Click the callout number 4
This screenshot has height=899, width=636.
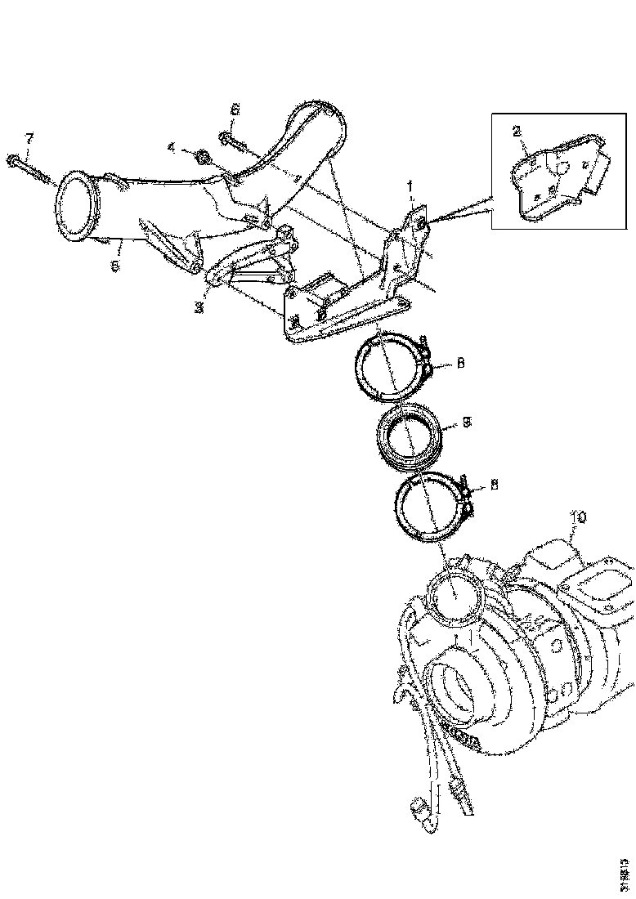(172, 148)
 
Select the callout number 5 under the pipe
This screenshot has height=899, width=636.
(115, 266)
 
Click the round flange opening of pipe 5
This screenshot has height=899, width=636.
(76, 208)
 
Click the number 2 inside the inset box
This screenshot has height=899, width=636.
(516, 131)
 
